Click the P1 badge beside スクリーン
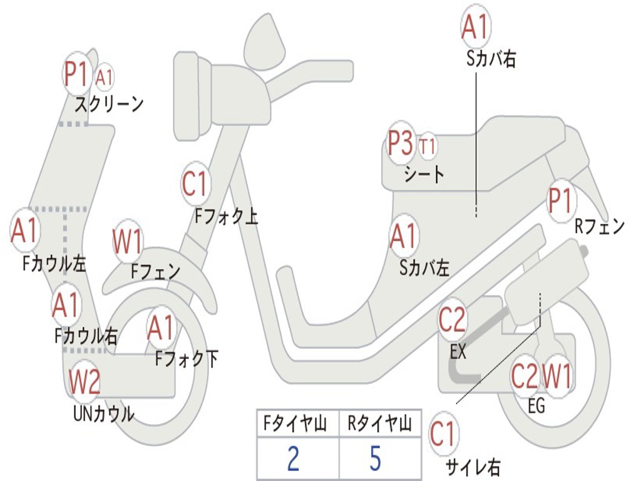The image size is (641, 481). tap(78, 74)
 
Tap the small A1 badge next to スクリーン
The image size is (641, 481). tap(105, 78)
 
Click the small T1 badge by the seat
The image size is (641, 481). tap(428, 147)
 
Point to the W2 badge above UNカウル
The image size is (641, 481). tap(85, 382)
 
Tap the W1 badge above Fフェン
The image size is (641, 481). tap(128, 242)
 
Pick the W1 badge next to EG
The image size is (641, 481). tap(557, 376)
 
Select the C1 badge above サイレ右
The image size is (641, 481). tap(444, 434)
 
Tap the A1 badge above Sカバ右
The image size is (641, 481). tap(474, 27)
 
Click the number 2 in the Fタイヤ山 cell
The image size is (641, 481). tap(293, 459)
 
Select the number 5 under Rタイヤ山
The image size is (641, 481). tap(375, 459)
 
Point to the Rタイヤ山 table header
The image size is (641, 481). tap(379, 425)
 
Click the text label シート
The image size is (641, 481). tap(424, 173)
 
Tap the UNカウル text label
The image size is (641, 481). tap(104, 414)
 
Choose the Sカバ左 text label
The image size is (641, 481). tap(424, 268)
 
